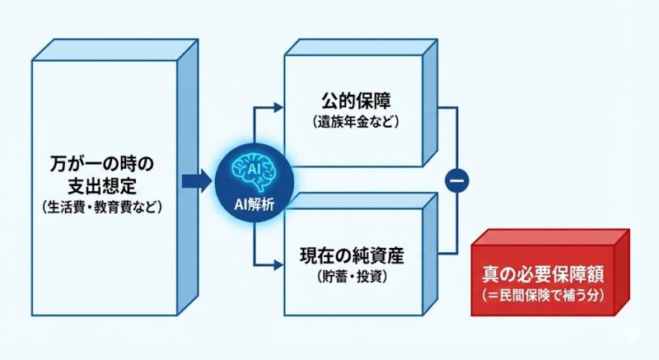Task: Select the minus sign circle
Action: pyautogui.click(x=456, y=179)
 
